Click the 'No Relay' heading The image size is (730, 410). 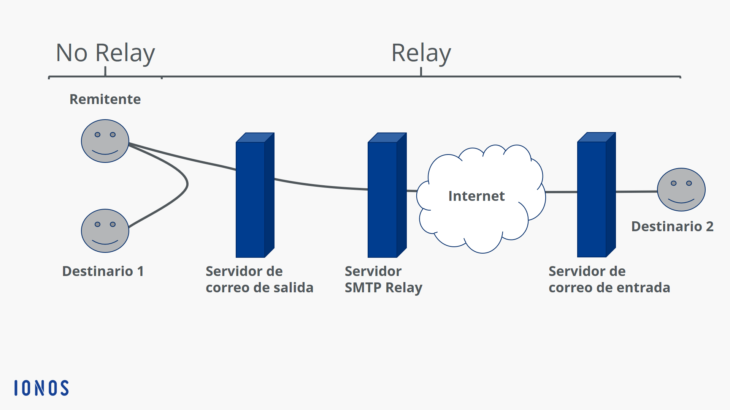tap(105, 53)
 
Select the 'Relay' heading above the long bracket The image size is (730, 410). tap(421, 53)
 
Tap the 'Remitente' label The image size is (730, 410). tap(105, 99)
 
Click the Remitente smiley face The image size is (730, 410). tap(105, 141)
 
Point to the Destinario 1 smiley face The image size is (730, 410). tap(105, 231)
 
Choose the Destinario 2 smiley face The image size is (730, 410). tap(681, 190)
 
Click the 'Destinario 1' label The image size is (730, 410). tap(103, 271)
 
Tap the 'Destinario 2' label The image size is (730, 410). tap(672, 226)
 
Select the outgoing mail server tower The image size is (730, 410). tap(255, 195)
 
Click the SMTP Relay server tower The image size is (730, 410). tap(387, 195)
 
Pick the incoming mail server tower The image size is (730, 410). tap(597, 195)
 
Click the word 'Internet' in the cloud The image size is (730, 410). tap(476, 196)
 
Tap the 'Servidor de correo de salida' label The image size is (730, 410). tap(260, 279)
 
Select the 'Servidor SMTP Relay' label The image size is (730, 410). tap(383, 280)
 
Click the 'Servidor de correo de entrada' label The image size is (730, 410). tap(609, 279)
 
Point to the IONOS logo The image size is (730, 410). tap(41, 388)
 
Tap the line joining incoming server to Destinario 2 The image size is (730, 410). tap(637, 192)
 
